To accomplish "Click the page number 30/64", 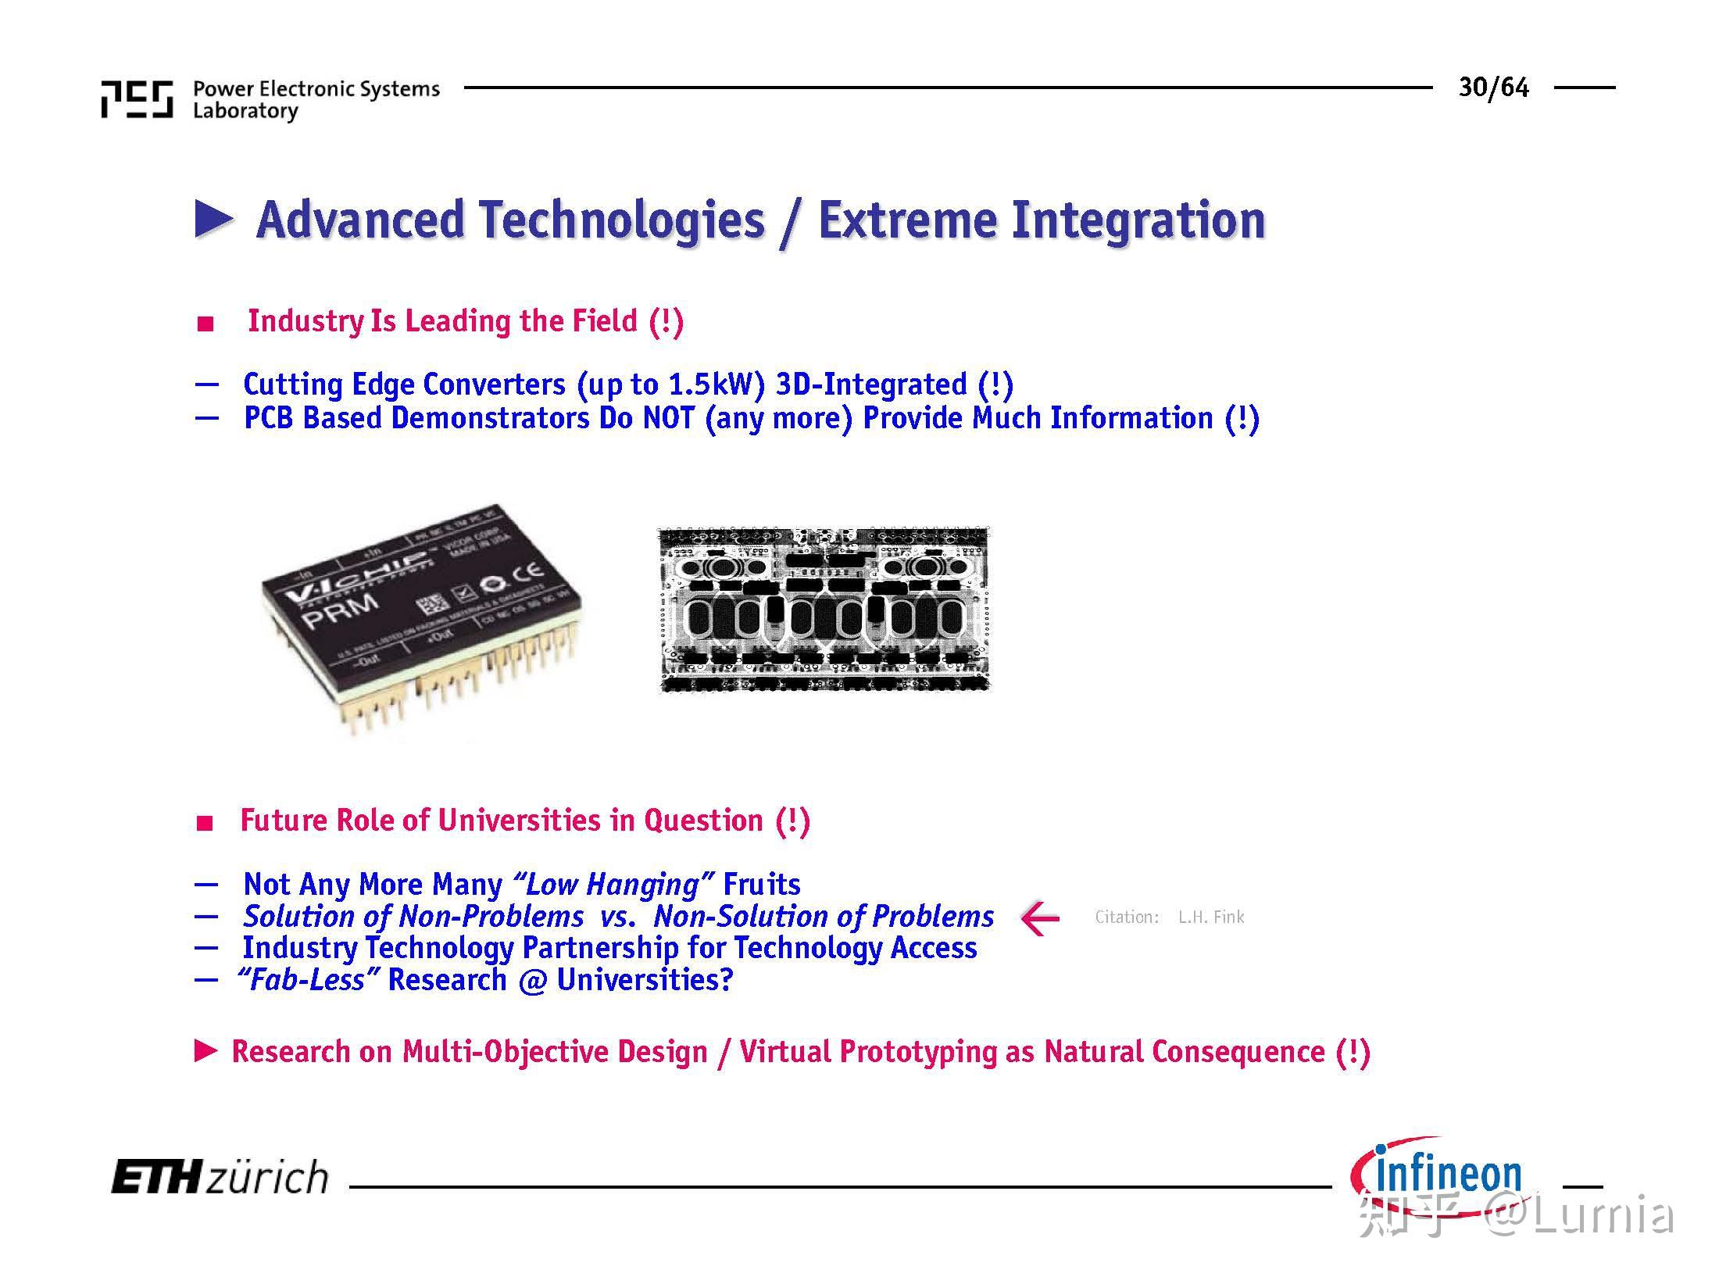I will coord(1492,88).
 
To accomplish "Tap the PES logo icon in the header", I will coord(137,99).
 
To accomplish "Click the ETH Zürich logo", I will coord(220,1177).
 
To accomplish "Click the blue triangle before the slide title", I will coord(213,220).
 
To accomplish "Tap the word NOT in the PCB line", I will coord(668,418).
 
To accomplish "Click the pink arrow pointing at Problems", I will coord(1040,917).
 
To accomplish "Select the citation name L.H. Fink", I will coord(1210,917).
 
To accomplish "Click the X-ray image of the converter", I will coord(824,610).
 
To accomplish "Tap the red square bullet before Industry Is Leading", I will coord(205,324).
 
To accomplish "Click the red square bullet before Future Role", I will coord(205,823).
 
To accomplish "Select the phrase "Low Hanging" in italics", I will coord(612,885).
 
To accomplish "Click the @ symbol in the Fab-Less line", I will coord(531,980).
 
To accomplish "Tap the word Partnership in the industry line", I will coord(599,948).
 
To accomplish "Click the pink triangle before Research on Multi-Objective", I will coord(205,1051).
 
